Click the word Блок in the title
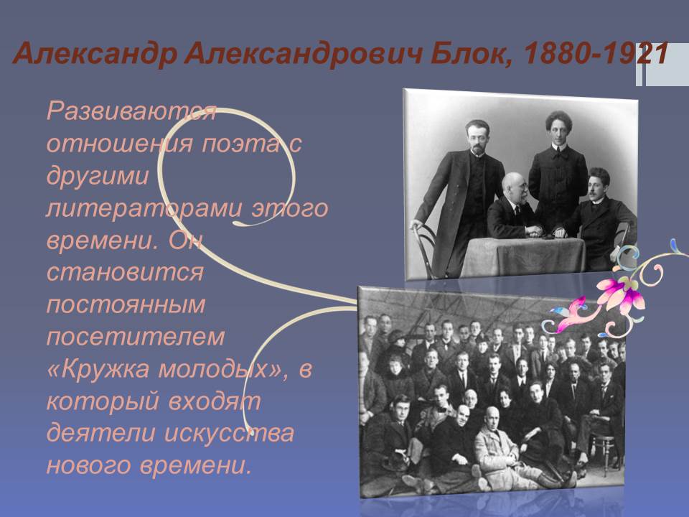(x=470, y=54)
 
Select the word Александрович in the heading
(x=303, y=55)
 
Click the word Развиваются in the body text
(x=131, y=111)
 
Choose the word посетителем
(x=136, y=337)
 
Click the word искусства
(x=229, y=434)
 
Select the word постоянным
(x=126, y=305)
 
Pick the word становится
(x=125, y=273)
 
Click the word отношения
(x=120, y=144)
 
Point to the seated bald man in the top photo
(x=513, y=207)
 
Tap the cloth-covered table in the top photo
(x=523, y=257)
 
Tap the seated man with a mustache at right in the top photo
(x=602, y=215)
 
